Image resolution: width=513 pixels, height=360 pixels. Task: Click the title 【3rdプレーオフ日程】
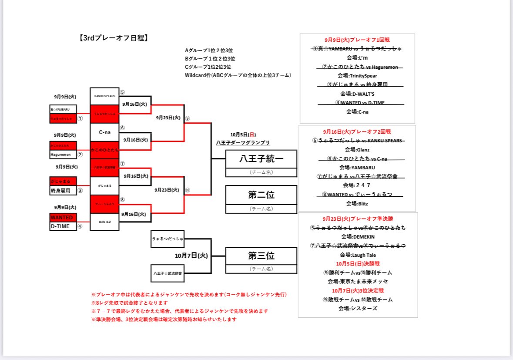[x=114, y=38]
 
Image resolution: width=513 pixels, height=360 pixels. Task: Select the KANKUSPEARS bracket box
[x=104, y=96]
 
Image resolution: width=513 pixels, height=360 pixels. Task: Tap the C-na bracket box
[x=104, y=132]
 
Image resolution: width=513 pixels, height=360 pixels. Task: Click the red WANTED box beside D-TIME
[x=63, y=217]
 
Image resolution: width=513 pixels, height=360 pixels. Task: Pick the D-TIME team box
[x=63, y=226]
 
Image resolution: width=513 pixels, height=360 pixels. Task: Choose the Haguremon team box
[x=63, y=154]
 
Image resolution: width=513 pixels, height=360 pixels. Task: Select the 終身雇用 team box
[x=63, y=190]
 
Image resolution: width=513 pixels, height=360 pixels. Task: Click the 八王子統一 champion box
[x=261, y=159]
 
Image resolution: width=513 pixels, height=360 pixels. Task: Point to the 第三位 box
[x=261, y=255]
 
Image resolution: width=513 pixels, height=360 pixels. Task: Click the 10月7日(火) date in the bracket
[x=191, y=256]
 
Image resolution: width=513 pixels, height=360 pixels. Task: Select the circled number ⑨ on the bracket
[x=188, y=118]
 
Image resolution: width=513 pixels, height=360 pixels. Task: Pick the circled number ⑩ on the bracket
[x=188, y=190]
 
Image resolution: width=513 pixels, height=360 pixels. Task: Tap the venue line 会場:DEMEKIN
[x=358, y=237]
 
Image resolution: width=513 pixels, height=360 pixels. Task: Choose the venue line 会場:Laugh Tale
[x=358, y=255]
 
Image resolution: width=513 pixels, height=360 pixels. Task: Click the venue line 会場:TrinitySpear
[x=358, y=76]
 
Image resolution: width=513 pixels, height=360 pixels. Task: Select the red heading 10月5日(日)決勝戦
[x=358, y=264]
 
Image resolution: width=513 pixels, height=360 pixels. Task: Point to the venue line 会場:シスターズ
[x=358, y=309]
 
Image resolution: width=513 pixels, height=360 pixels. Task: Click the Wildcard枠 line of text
[x=238, y=75]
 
